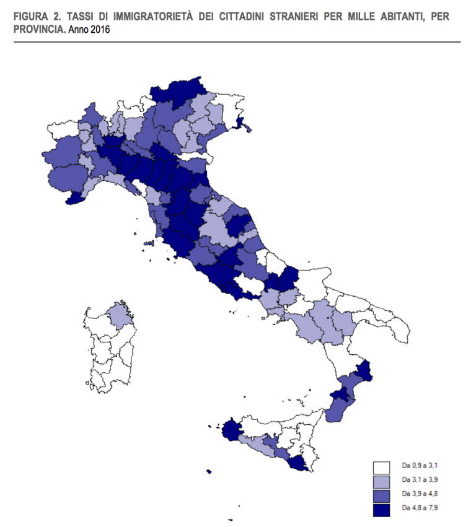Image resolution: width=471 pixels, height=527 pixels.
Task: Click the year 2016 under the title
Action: (x=100, y=28)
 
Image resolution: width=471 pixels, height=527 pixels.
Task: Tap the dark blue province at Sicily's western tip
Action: (x=233, y=430)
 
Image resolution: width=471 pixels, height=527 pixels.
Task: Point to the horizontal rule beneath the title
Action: (x=235, y=41)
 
